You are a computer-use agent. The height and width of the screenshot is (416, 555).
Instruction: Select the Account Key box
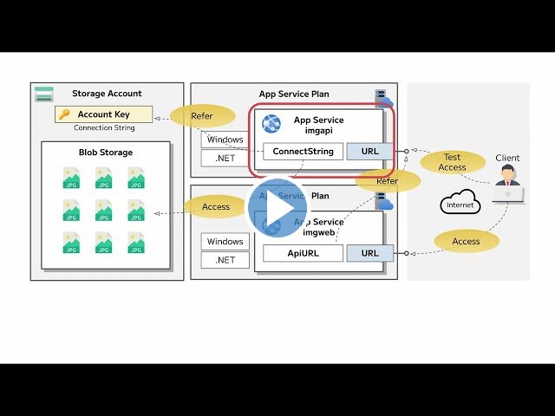click(103, 114)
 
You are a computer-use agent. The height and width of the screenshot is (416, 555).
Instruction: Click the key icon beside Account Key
click(64, 114)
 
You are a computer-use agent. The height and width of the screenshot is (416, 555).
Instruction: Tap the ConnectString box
click(303, 152)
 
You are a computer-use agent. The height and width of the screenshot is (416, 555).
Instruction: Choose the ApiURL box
click(303, 253)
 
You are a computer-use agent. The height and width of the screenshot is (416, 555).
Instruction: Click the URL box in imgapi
click(369, 152)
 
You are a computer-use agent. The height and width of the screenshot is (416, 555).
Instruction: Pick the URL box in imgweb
click(369, 253)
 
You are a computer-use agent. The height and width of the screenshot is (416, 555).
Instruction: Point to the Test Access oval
click(453, 161)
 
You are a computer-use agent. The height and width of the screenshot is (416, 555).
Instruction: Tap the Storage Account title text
click(107, 94)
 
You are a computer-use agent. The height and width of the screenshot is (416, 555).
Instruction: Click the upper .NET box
click(225, 158)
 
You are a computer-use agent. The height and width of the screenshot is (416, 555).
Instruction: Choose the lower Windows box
click(225, 242)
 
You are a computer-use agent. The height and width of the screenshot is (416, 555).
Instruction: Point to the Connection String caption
click(104, 128)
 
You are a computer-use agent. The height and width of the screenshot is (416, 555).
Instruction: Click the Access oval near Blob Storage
click(216, 207)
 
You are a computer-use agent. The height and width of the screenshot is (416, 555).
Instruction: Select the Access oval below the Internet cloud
click(466, 242)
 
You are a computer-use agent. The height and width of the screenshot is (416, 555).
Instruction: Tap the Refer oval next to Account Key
click(202, 116)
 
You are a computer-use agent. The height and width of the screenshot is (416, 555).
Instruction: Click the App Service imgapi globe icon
click(272, 124)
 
